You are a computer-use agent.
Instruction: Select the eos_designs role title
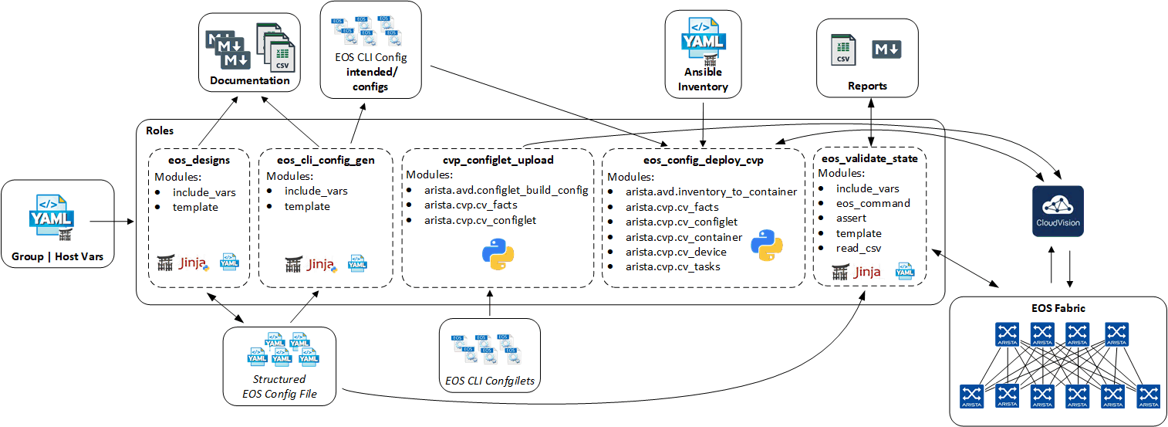[199, 159]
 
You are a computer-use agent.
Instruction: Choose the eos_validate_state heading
[870, 159]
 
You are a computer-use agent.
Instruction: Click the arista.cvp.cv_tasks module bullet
[673, 266]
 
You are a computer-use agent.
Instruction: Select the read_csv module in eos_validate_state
[859, 248]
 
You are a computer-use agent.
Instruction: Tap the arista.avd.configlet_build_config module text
[506, 190]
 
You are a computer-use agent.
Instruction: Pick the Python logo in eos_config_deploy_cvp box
[766, 245]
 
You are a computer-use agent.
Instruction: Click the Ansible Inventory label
[703, 80]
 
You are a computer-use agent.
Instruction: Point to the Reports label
[867, 86]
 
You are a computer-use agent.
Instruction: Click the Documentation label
[250, 80]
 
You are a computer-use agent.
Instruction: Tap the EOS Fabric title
[1058, 308]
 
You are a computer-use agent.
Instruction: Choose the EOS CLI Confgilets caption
[490, 380]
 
